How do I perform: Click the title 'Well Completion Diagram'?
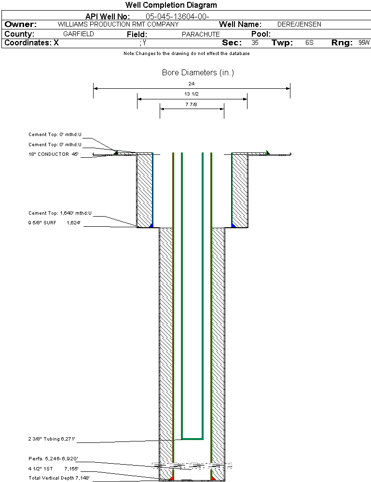point(171,5)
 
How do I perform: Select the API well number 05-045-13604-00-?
point(177,16)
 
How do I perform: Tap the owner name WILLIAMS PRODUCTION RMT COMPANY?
point(118,24)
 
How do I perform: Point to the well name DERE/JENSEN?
point(299,24)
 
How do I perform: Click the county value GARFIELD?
point(79,34)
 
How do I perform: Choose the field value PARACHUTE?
point(201,34)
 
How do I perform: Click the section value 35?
point(255,43)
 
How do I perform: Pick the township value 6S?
point(309,43)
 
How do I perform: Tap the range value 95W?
point(364,43)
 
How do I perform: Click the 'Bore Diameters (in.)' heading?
point(198,73)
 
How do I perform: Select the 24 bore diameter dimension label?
point(192,84)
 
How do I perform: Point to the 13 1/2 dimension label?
point(192,94)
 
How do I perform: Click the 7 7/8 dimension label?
point(192,104)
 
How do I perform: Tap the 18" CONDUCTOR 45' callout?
point(53,154)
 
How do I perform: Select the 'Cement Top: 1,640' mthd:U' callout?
point(60,213)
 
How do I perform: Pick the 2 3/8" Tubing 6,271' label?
point(52,439)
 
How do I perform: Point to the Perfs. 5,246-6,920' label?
point(53,458)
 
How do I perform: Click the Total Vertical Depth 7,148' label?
point(59,478)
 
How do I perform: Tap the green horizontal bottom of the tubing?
point(192,439)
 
